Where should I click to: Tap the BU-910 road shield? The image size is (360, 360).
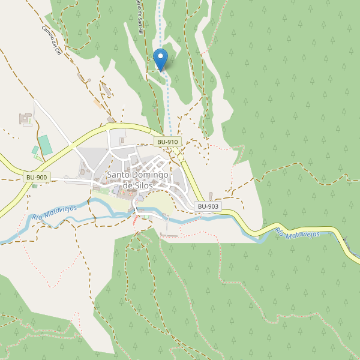click(167, 142)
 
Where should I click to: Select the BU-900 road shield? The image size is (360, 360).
click(37, 178)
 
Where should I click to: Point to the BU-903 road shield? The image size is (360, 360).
click(208, 206)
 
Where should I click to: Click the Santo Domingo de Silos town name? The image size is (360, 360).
click(138, 180)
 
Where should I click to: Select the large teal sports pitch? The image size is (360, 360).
click(45, 145)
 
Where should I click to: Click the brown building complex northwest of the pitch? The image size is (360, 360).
click(26, 118)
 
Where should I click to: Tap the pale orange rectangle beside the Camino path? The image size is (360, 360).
click(97, 104)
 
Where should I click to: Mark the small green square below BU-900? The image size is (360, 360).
click(34, 186)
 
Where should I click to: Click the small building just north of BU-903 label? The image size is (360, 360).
click(211, 196)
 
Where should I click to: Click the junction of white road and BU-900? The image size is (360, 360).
click(71, 145)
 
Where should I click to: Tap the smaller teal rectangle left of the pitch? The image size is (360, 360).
click(35, 150)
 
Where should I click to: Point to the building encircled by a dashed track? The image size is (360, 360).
click(107, 90)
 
